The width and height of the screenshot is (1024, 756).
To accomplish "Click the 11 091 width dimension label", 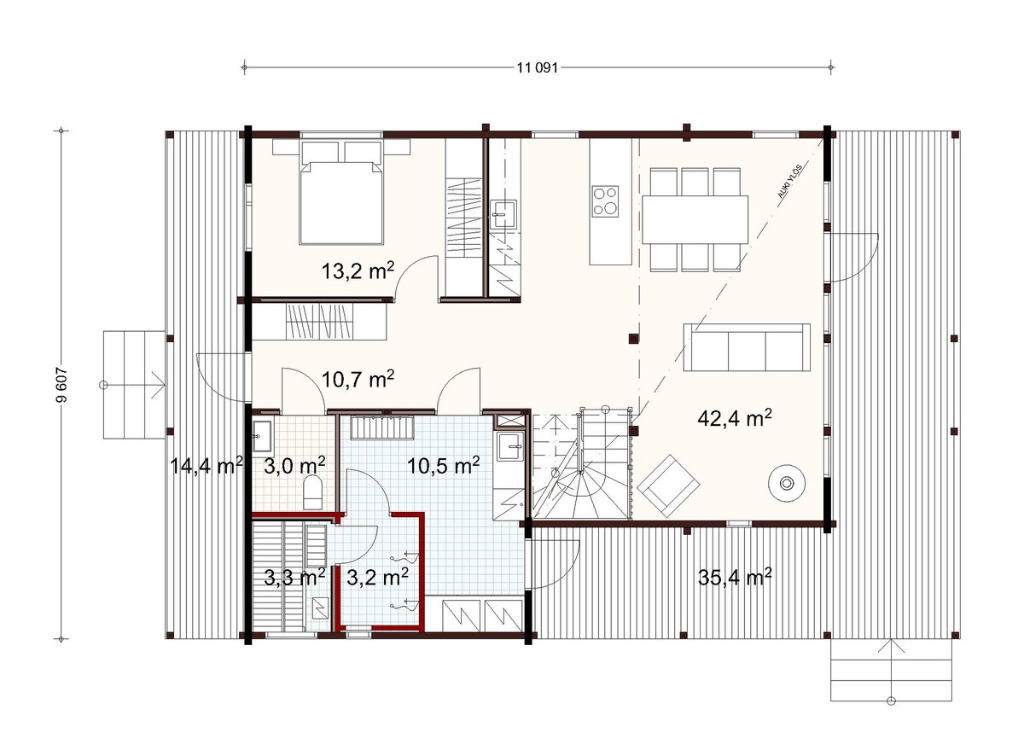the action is point(537,68).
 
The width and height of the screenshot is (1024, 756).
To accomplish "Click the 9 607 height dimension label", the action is point(61,385).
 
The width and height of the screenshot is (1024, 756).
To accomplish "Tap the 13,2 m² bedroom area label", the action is point(358,270).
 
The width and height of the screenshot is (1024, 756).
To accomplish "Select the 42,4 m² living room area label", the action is point(735,417).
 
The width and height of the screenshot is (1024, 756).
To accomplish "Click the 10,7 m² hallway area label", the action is point(358,379).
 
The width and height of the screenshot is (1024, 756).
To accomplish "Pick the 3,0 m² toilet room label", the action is point(294,466).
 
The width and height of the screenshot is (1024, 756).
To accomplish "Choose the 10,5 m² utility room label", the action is point(443,466).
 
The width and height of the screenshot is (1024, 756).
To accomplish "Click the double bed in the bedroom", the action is point(341,193).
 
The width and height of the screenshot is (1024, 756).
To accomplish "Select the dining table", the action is point(695,219).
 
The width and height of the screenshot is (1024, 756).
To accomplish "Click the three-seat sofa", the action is point(747,347).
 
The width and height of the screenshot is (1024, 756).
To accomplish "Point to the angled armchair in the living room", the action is point(668,486).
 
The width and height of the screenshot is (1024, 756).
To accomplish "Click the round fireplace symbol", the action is point(787,484).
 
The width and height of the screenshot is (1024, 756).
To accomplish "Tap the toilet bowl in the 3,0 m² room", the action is point(313,492).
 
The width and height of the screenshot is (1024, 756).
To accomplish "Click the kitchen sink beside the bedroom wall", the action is point(503,214).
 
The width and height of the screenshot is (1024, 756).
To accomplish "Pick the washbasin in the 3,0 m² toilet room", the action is point(263,435).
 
